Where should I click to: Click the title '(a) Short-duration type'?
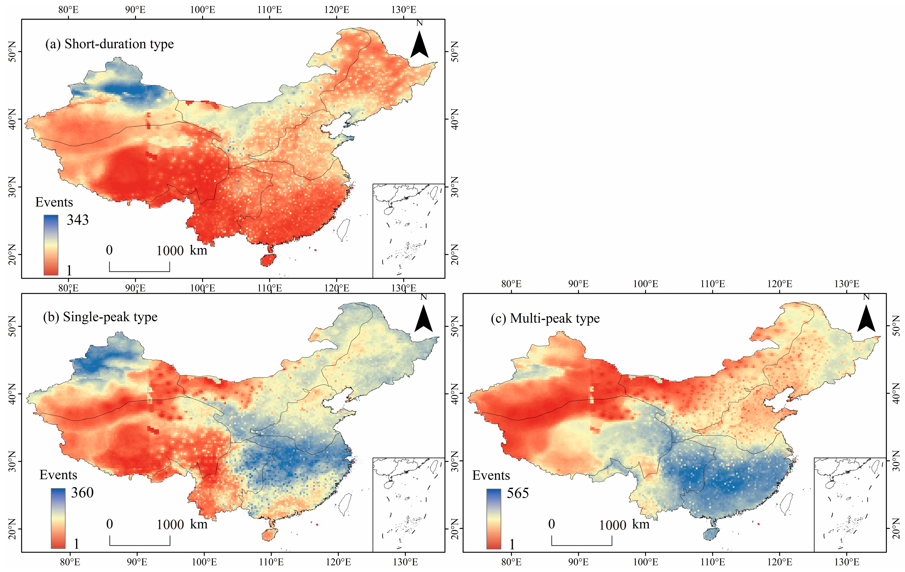(109, 44)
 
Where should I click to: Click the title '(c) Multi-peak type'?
(545, 319)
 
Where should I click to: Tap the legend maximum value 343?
(78, 220)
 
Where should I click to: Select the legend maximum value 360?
(82, 493)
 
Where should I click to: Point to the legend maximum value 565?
(518, 493)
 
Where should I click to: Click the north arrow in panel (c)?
(866, 318)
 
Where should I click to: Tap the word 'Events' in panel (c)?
(491, 475)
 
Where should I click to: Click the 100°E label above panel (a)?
(203, 10)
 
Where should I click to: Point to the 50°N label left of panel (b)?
(13, 326)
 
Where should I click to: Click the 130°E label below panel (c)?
(847, 562)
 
